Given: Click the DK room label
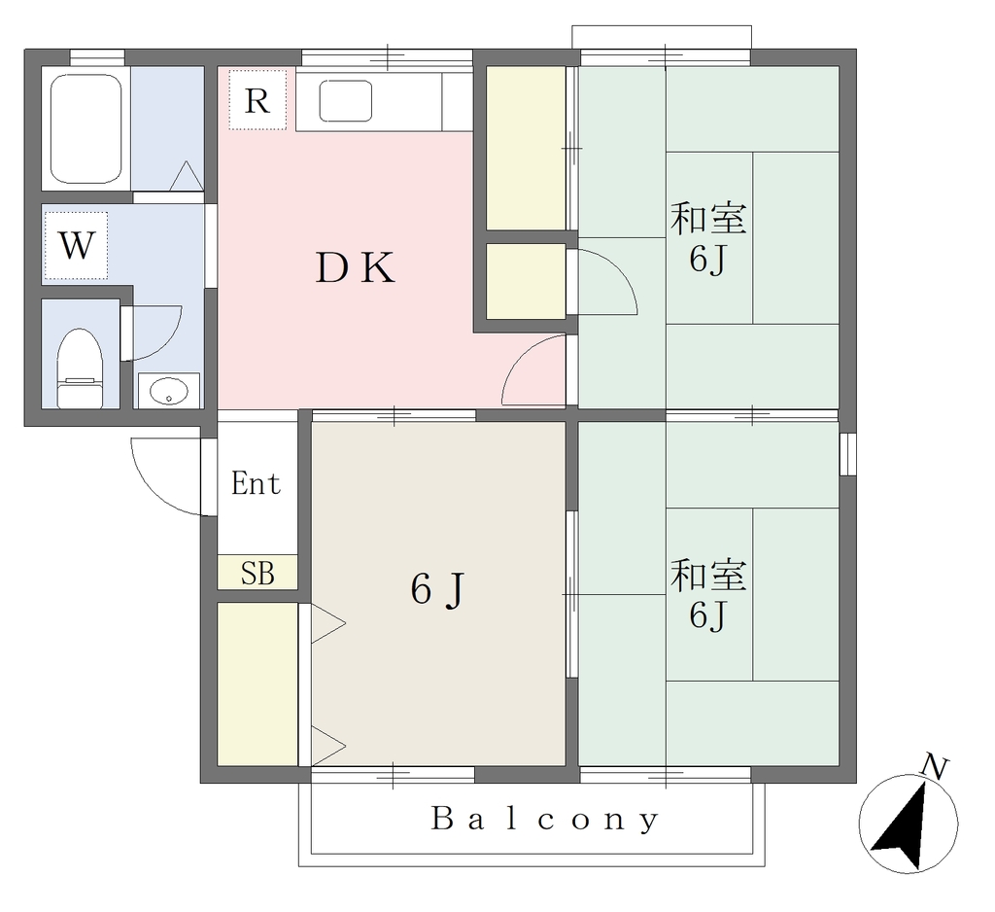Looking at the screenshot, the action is click(x=356, y=268).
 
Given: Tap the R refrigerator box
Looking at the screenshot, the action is click(x=257, y=100).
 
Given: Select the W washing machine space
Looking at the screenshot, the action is click(x=76, y=245).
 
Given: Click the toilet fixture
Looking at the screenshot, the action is click(x=80, y=368).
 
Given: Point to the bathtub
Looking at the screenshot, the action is click(x=86, y=129).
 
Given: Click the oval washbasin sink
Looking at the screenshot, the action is click(x=169, y=390).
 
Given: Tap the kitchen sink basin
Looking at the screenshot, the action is click(x=345, y=100).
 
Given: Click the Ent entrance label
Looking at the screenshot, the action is click(x=256, y=484).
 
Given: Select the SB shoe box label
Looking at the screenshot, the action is click(x=257, y=573).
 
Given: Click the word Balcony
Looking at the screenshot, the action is click(x=545, y=820).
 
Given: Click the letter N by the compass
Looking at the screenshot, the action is click(x=935, y=766).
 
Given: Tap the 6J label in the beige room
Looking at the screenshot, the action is click(x=438, y=589).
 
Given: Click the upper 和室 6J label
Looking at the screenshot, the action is click(x=708, y=237).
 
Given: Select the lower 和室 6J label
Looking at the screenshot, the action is click(x=708, y=594).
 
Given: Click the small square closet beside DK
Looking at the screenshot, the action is click(x=526, y=281).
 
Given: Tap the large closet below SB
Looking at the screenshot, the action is click(x=257, y=684).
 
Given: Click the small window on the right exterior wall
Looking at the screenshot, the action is click(x=847, y=454).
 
